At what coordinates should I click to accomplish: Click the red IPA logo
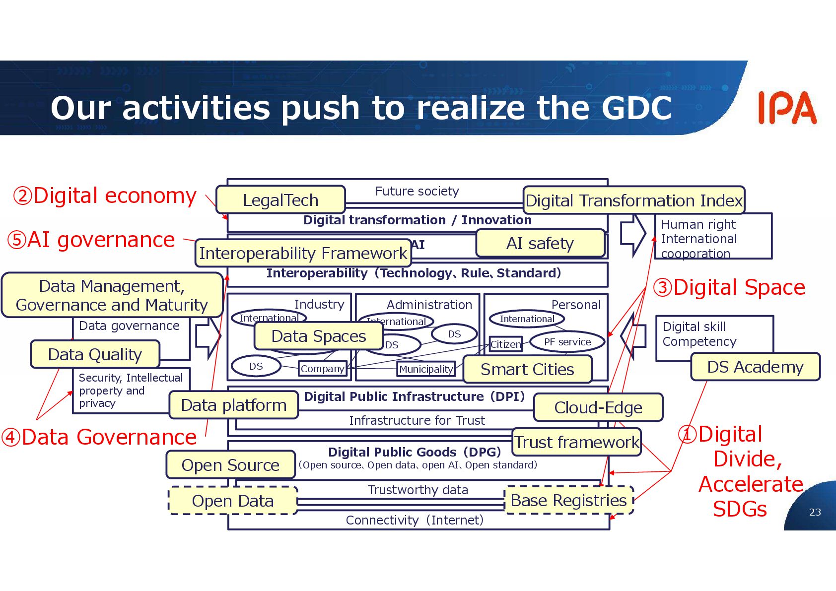click(x=787, y=108)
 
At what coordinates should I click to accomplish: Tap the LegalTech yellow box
click(x=280, y=200)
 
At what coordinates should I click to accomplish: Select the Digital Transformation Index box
click(x=634, y=200)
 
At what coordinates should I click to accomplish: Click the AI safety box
click(x=540, y=243)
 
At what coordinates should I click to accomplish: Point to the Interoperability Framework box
click(x=303, y=253)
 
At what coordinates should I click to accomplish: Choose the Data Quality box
click(x=95, y=354)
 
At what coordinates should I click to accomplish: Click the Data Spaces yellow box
click(x=319, y=336)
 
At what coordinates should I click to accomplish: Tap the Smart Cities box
click(x=527, y=369)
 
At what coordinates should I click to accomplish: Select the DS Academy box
click(x=755, y=367)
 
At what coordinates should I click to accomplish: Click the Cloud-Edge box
click(x=598, y=407)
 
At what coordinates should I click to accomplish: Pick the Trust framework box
click(x=576, y=442)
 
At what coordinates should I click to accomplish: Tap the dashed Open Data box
click(x=233, y=501)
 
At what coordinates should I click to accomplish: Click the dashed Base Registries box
click(x=569, y=500)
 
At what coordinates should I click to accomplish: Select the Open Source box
click(x=230, y=465)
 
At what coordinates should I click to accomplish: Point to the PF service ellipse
click(x=567, y=342)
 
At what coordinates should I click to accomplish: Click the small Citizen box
click(x=506, y=344)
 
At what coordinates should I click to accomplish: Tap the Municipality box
click(x=426, y=369)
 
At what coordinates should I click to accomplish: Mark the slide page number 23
click(x=815, y=512)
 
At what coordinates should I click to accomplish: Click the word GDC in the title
click(x=636, y=108)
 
